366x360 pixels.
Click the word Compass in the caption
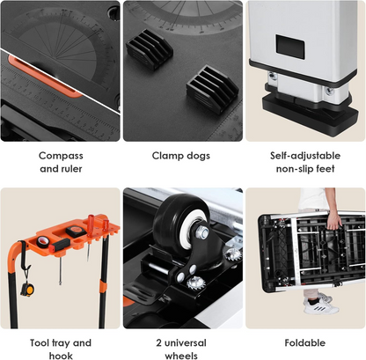[61, 155]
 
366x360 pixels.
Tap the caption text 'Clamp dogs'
[183, 155]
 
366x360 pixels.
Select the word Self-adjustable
[305, 155]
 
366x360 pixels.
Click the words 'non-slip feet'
[305, 170]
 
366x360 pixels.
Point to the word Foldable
[305, 342]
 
